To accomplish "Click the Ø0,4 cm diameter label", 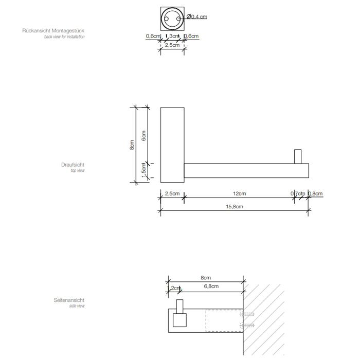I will point(197,17).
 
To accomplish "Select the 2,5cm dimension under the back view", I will point(172,45).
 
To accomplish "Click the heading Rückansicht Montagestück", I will point(54,31).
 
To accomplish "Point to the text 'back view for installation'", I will point(65,37).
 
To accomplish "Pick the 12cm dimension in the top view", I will point(239,194).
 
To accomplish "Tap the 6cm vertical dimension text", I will point(144,135).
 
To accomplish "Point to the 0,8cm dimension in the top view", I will point(315,194).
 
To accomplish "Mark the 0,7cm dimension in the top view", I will point(298,194).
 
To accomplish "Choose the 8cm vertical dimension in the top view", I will point(132,146).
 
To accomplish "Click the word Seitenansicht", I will point(69,300).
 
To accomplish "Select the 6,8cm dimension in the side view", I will point(211,286).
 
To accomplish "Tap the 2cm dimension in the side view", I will point(176,288).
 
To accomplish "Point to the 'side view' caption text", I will point(77,306).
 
